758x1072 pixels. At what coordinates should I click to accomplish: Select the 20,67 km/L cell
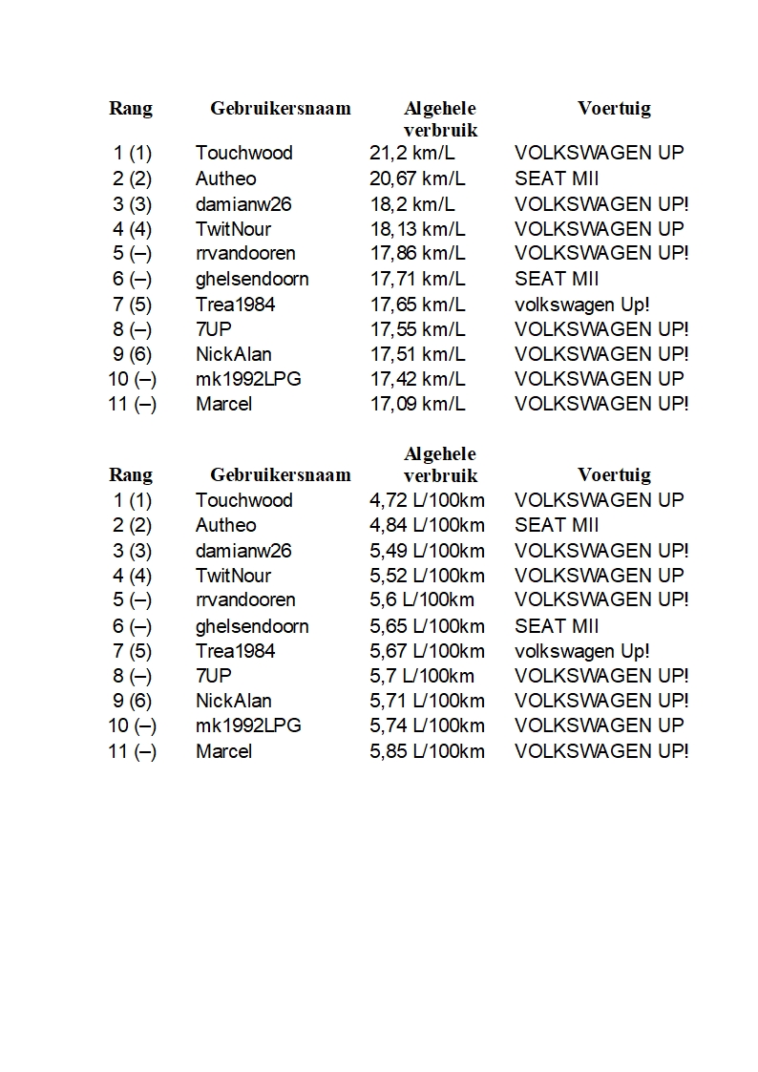[417, 179]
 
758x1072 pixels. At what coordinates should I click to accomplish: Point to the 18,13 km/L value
[417, 229]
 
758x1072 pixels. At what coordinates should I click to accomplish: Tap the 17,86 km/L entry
[417, 253]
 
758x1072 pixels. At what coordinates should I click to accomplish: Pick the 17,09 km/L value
[417, 404]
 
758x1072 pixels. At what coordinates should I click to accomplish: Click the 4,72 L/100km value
[427, 500]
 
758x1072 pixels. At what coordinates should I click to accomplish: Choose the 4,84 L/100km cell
[427, 525]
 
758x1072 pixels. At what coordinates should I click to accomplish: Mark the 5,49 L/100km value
[427, 551]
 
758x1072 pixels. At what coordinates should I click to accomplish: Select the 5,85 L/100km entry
[427, 751]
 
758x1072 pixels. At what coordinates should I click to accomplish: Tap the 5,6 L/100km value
[422, 599]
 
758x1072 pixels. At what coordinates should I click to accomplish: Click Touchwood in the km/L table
[244, 153]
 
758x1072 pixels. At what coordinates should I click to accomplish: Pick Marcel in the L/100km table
[224, 751]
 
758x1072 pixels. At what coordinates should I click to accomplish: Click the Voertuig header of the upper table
[614, 108]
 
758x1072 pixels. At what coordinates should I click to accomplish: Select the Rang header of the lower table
[131, 474]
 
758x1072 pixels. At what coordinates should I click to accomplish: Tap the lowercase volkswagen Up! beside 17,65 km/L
[582, 305]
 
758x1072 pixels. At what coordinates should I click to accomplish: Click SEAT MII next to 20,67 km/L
[557, 179]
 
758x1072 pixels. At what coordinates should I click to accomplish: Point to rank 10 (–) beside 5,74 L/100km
[133, 725]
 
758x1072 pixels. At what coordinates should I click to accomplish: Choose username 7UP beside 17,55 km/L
[214, 329]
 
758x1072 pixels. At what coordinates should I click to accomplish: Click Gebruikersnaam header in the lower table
[281, 474]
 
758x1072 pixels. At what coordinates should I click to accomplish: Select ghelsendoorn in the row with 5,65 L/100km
[252, 626]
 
